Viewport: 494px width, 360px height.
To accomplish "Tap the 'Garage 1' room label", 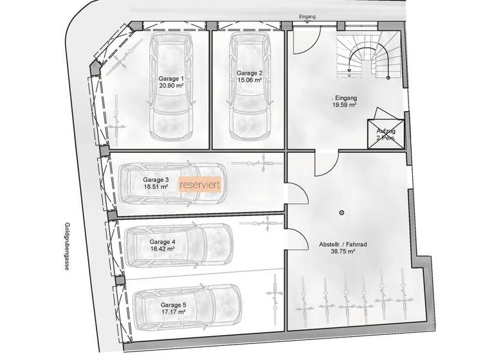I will pos(171,78).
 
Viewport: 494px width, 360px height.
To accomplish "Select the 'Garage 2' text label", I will pos(248,73).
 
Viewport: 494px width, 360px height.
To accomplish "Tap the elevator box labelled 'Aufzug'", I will pos(386,134).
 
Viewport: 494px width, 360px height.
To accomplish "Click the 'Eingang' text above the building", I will pos(308,17).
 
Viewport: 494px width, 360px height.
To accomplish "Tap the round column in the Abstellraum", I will pos(342,212).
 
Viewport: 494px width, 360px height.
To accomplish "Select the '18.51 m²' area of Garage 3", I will pos(156,187).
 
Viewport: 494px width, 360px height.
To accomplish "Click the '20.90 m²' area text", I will pos(171,85).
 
